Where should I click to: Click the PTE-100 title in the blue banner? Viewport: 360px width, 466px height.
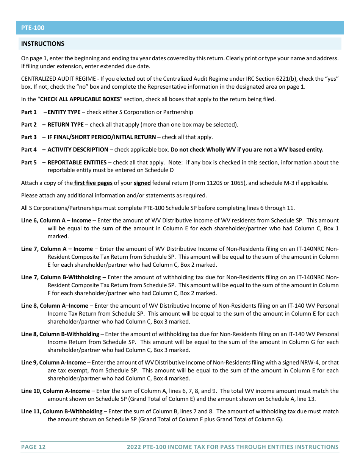(x=33, y=28)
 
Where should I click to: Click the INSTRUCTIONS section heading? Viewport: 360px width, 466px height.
(x=43, y=44)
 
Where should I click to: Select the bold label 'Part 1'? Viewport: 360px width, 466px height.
(x=29, y=112)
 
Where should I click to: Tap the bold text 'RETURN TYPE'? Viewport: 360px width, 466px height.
(x=66, y=125)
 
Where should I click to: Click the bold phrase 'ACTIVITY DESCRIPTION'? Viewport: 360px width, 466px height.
(x=78, y=150)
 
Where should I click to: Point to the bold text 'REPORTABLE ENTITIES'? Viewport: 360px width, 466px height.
(x=78, y=163)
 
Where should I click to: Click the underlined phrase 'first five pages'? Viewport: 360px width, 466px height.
(x=93, y=183)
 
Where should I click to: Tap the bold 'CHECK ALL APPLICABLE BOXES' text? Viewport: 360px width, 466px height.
(x=80, y=100)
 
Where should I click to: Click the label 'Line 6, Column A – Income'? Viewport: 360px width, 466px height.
(x=56, y=220)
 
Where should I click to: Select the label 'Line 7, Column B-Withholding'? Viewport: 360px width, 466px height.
(x=61, y=277)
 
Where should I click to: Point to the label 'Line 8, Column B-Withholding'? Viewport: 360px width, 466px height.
(x=60, y=334)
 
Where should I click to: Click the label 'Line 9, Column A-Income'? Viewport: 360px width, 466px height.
(x=53, y=363)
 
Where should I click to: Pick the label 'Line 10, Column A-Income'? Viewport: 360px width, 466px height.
(x=56, y=391)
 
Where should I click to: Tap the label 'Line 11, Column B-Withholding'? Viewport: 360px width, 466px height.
(x=62, y=411)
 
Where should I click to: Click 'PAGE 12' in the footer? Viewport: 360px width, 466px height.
(x=33, y=447)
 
